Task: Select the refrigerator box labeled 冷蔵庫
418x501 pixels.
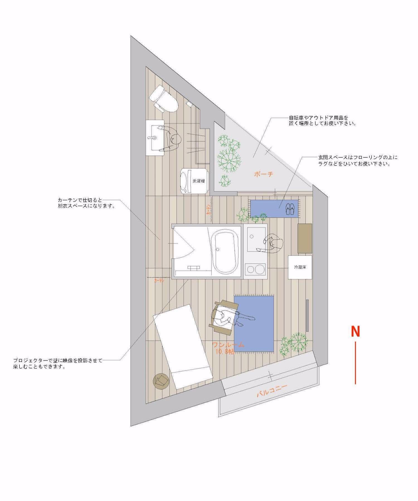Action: click(300, 267)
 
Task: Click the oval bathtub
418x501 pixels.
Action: click(227, 253)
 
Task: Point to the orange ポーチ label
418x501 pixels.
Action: click(263, 175)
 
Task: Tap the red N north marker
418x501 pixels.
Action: click(355, 331)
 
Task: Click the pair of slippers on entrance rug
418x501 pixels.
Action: click(290, 209)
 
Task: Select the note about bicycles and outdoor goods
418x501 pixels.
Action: click(322, 121)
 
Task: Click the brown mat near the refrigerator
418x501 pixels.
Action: click(305, 238)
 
